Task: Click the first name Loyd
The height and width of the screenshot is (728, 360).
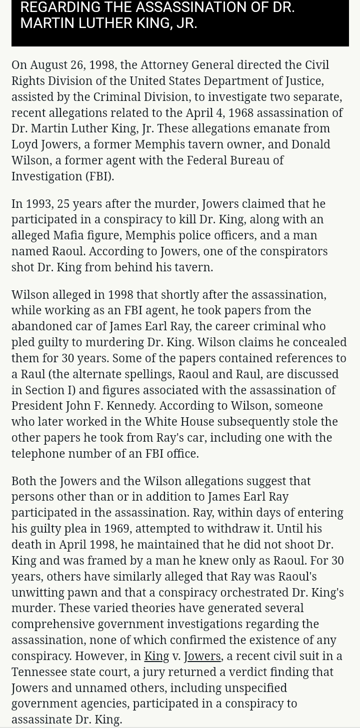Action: [x=24, y=144]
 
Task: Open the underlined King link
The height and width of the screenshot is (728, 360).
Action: [x=156, y=656]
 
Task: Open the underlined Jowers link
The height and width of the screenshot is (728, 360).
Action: [x=202, y=656]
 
